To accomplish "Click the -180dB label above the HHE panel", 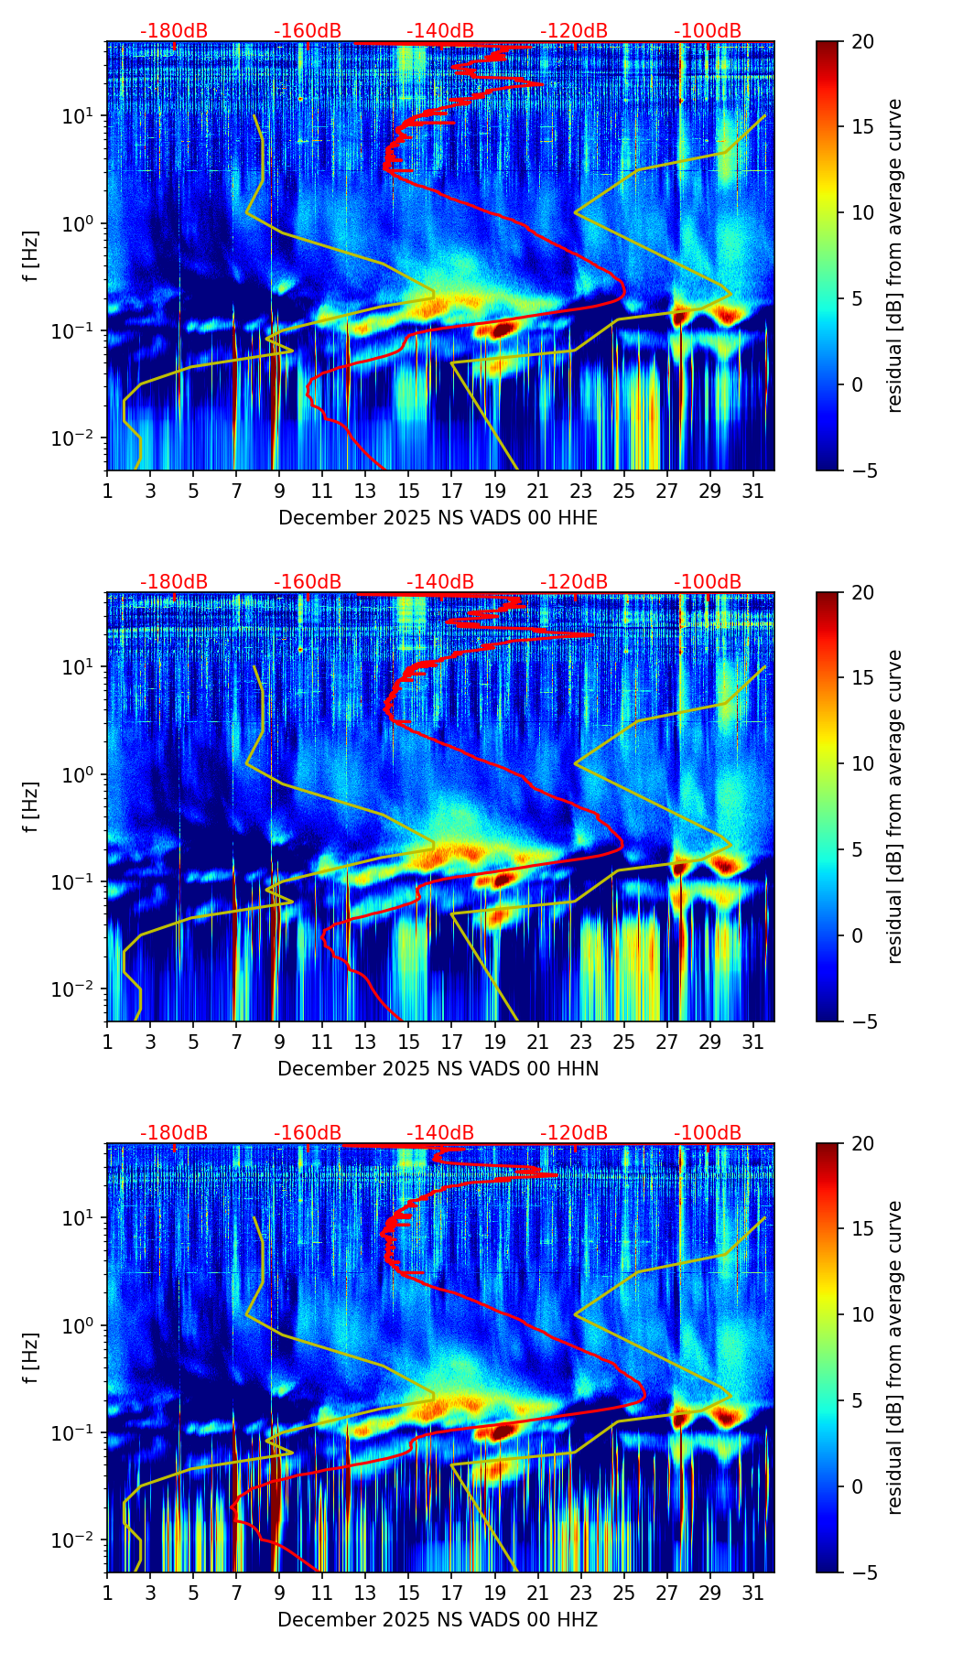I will click(x=174, y=31).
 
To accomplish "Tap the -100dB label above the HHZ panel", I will click(x=708, y=1133).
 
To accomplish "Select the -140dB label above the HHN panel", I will click(x=440, y=582).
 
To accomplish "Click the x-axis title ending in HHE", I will click(x=438, y=518).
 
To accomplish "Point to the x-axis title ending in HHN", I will click(x=438, y=1069).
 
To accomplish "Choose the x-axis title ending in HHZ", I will click(x=438, y=1620).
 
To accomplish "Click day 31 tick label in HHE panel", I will click(x=753, y=492).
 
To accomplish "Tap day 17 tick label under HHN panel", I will click(x=451, y=1043).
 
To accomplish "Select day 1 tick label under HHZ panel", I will click(x=107, y=1594).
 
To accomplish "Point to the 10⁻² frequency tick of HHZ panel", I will click(x=71, y=1540).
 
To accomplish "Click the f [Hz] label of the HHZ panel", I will click(x=31, y=1357).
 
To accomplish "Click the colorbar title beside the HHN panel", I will click(x=895, y=806).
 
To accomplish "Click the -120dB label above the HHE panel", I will click(x=574, y=31).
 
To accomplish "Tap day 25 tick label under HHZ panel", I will click(x=623, y=1594).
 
